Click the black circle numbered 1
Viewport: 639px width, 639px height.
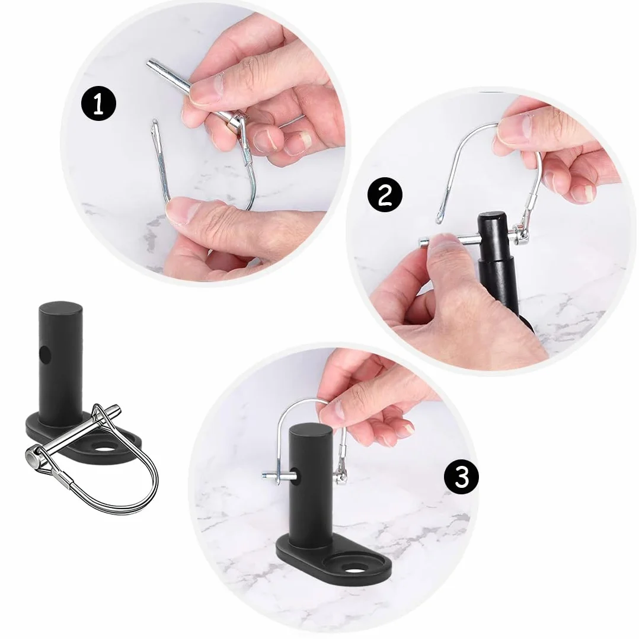coord(99,104)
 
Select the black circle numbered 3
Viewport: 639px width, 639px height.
coord(461,477)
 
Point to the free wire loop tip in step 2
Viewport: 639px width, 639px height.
coord(439,220)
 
